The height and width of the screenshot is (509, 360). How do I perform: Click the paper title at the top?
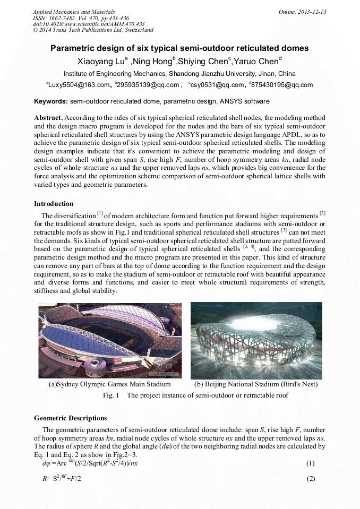point(179,48)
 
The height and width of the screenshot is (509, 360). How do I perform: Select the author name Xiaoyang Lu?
point(100,61)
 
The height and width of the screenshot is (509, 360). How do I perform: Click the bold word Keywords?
point(51,101)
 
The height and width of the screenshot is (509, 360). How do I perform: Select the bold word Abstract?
point(48,117)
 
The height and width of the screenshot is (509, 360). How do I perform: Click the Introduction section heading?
point(54,204)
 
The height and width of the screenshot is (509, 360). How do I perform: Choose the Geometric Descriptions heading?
point(70,418)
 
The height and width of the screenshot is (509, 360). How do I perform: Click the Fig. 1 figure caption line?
point(195,395)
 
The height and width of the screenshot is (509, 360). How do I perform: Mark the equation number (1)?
point(311,463)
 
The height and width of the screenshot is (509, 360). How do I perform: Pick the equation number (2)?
point(311,479)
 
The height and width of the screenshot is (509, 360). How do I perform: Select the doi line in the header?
point(89,24)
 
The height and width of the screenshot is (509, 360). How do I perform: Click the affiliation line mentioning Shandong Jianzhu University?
point(179,74)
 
